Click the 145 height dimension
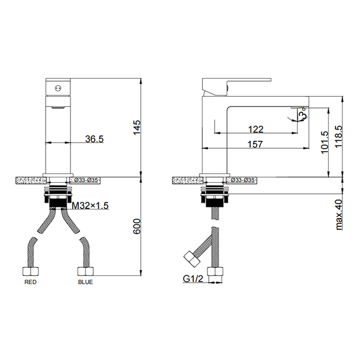coord(137,127)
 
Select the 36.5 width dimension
coord(94,139)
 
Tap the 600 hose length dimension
coord(137,226)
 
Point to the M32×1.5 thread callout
coord(90,206)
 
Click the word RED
coord(31,282)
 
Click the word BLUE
coord(85,282)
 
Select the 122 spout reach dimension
coord(256,129)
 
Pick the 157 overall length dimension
coord(255,144)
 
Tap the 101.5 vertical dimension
coord(324,142)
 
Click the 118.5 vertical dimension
coord(339,137)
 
